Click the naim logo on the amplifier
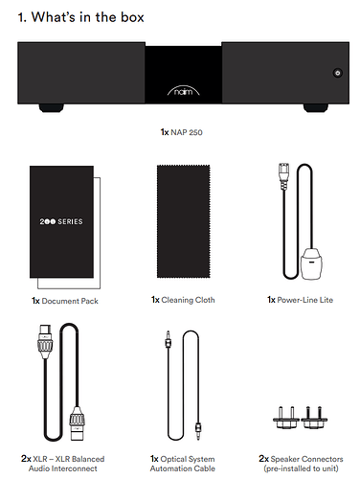pos(184,90)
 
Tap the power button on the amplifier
pos(338,73)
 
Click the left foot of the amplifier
pos(52,108)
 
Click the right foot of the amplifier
pos(316,108)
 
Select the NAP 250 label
pos(182,132)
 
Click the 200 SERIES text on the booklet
pos(61,221)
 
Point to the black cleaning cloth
pos(184,221)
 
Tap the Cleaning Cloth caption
pos(183,300)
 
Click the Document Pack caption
pos(65,301)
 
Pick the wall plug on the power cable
pos(311,263)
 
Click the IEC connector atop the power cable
pos(283,176)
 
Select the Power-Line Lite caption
pos(300,300)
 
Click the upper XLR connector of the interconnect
pos(45,341)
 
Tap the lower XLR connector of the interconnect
pos(78,423)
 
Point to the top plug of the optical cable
pos(168,341)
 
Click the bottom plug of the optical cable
pos(198,430)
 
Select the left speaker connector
pos(286,418)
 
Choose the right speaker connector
pos(314,418)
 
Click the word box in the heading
pos(132,17)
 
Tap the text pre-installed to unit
pos(301,468)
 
